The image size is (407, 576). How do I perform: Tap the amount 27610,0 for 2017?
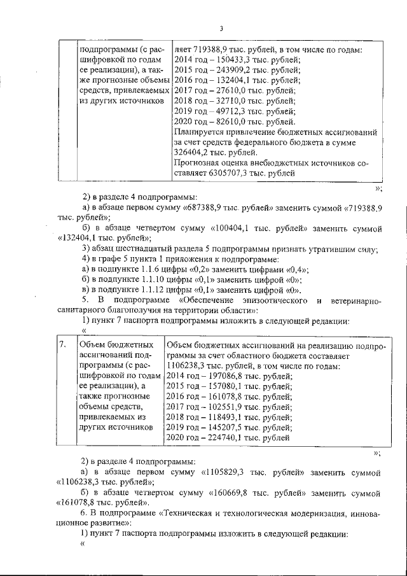[x=226, y=90]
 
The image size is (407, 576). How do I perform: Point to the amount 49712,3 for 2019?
[x=226, y=111]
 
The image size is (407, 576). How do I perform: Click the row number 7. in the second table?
[x=62, y=344]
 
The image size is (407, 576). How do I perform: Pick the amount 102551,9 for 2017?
[x=229, y=407]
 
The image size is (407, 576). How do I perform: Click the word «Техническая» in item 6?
[x=193, y=512]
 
